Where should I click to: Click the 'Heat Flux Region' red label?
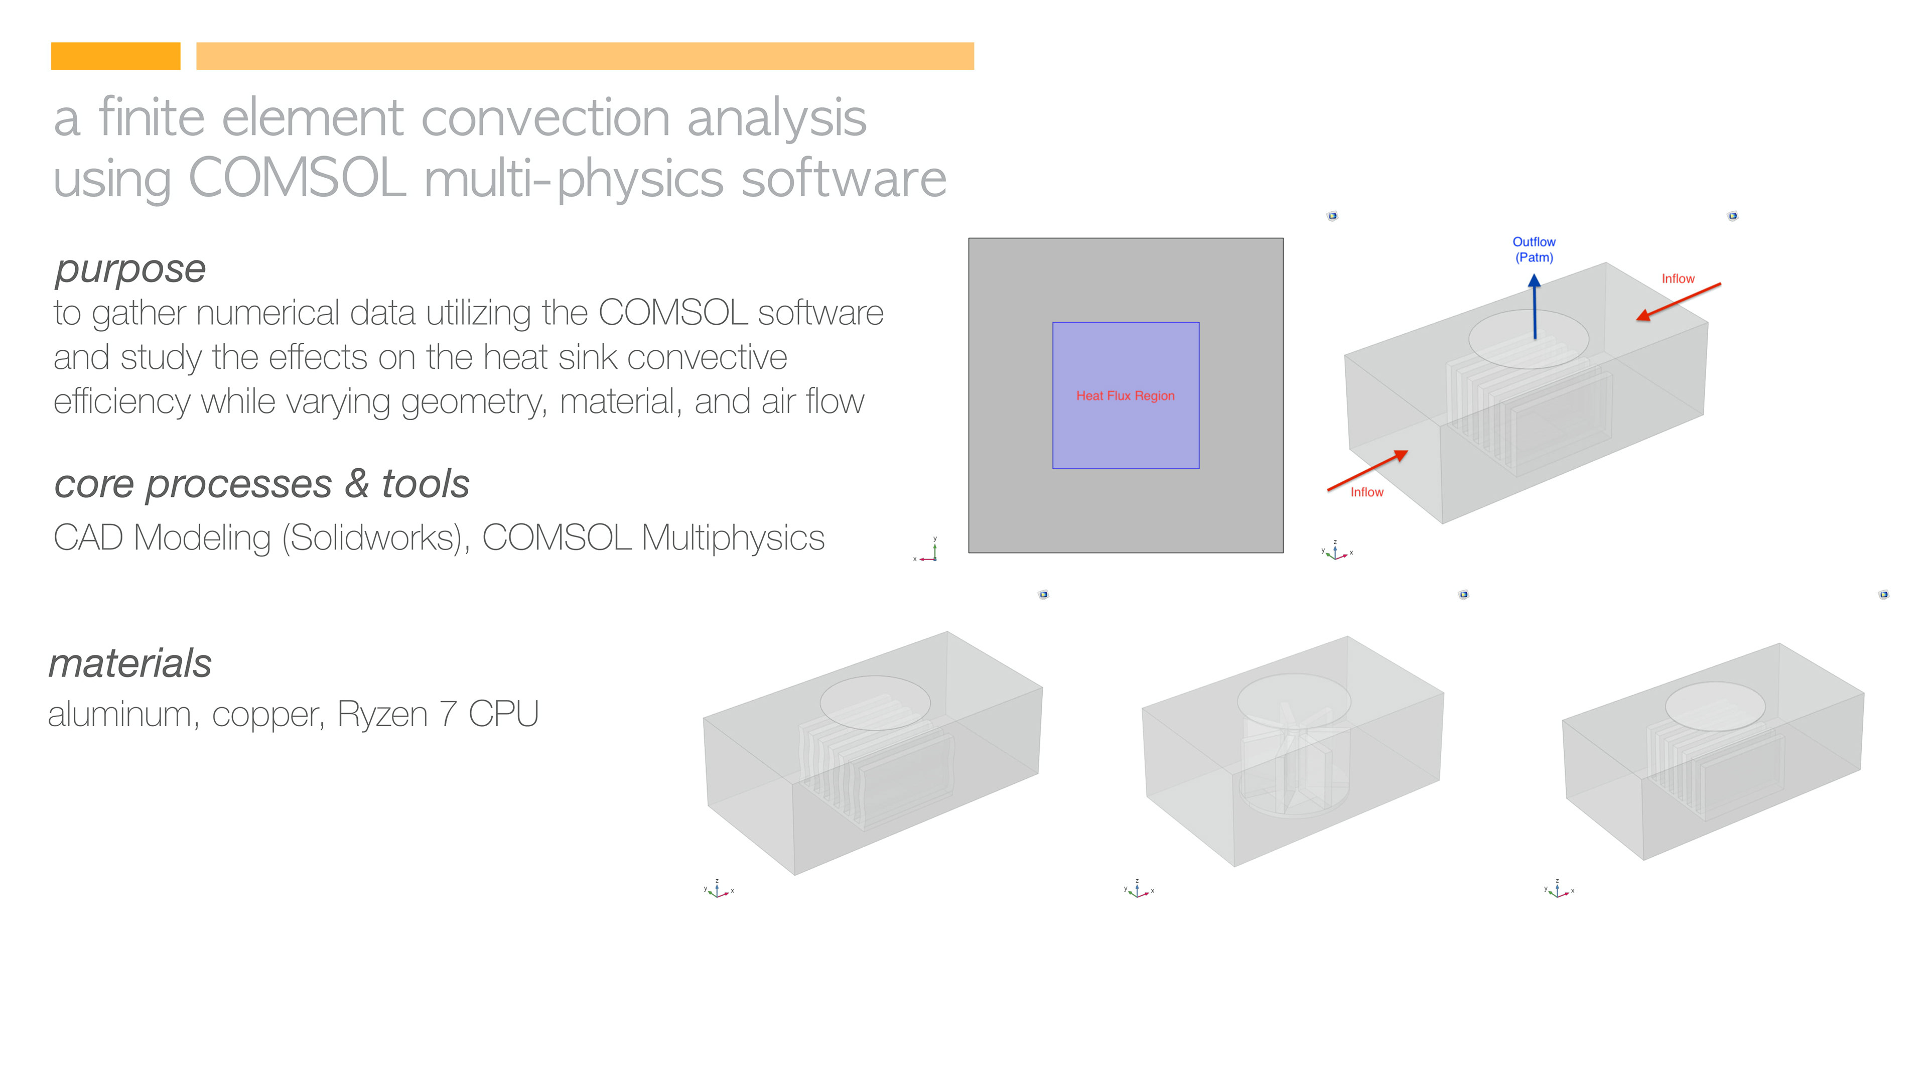coord(1125,396)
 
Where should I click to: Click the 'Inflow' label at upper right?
coord(1678,279)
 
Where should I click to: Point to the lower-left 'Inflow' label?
coord(1366,492)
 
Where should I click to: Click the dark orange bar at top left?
coord(115,56)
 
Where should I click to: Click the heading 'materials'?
coord(130,663)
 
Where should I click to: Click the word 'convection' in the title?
coord(545,118)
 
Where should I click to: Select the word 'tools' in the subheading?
coord(426,484)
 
